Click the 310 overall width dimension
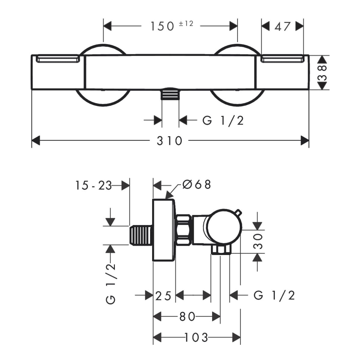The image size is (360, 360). (x=169, y=140)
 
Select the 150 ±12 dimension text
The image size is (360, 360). (x=171, y=26)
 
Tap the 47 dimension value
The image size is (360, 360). (x=283, y=27)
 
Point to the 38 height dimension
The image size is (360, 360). (x=322, y=72)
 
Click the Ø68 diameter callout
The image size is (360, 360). (x=197, y=184)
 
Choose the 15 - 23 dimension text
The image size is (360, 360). (x=93, y=186)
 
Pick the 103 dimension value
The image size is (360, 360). (x=196, y=337)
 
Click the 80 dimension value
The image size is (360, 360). (x=187, y=316)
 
